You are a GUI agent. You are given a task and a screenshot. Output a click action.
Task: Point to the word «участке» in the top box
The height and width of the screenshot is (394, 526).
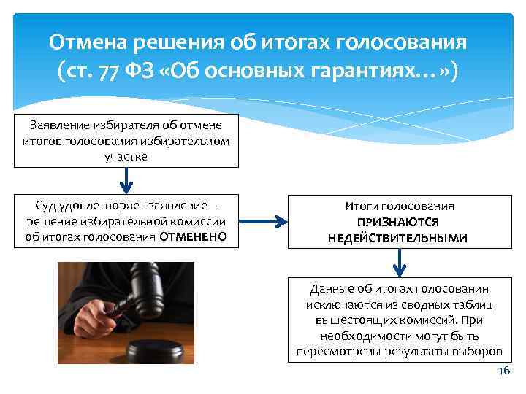pyautogui.click(x=126, y=155)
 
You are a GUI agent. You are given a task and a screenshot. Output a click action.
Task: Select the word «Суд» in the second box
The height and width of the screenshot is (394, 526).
pyautogui.click(x=49, y=205)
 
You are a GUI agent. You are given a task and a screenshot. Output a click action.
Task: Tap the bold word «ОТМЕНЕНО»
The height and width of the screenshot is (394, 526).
pyautogui.click(x=193, y=236)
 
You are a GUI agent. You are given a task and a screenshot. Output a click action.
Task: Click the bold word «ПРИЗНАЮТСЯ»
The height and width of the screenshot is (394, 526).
pyautogui.click(x=399, y=223)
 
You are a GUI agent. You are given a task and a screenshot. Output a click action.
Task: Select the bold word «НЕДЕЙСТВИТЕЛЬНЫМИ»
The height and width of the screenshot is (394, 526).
pyautogui.click(x=399, y=238)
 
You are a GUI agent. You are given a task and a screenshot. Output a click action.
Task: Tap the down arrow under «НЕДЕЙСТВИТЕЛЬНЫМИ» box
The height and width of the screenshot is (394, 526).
pyautogui.click(x=399, y=262)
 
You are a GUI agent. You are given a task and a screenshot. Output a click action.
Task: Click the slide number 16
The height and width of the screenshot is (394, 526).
pyautogui.click(x=503, y=371)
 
